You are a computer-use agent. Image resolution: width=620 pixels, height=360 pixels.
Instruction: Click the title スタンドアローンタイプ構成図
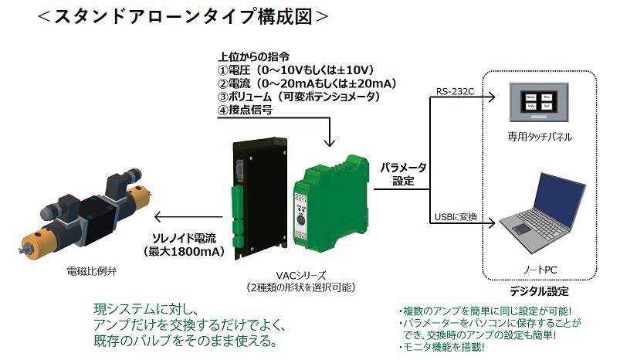(x=183, y=15)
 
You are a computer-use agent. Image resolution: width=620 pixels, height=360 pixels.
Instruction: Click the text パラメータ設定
(x=402, y=174)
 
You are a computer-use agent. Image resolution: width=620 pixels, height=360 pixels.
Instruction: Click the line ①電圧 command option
(x=293, y=70)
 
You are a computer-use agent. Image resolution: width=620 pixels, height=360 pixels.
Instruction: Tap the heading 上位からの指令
(x=254, y=56)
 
